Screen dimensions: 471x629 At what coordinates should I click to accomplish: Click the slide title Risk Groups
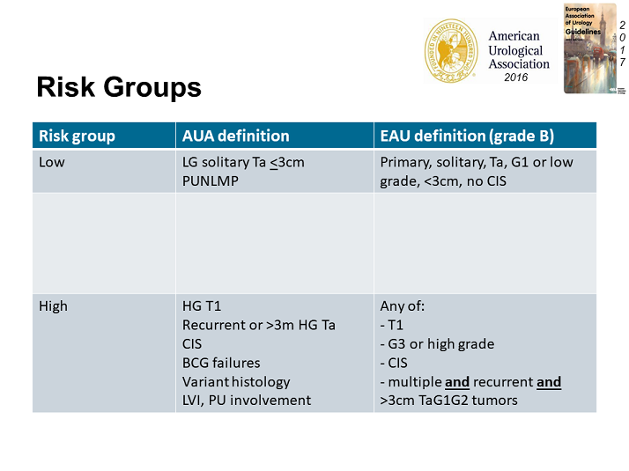point(118,87)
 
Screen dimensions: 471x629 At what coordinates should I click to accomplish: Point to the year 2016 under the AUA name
point(516,77)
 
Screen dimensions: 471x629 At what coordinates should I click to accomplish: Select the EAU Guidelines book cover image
point(590,48)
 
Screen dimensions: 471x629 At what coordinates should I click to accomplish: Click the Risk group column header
point(78,136)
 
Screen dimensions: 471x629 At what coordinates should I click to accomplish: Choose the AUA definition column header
point(235,136)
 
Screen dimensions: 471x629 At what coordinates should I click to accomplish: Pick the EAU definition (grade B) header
point(466,136)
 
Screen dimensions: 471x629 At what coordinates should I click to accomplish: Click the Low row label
point(52,162)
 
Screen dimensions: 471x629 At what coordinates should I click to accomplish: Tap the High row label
point(53,306)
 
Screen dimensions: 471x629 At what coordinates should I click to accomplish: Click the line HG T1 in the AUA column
point(202,306)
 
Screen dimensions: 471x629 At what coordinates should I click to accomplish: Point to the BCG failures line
point(220,363)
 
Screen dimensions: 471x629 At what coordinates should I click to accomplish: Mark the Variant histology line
point(235,381)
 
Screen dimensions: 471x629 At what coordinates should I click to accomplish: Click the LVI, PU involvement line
point(246,401)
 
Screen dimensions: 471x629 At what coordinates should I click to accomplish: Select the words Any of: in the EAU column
point(402,306)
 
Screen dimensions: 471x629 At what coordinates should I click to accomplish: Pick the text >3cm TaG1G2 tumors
point(448,401)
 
